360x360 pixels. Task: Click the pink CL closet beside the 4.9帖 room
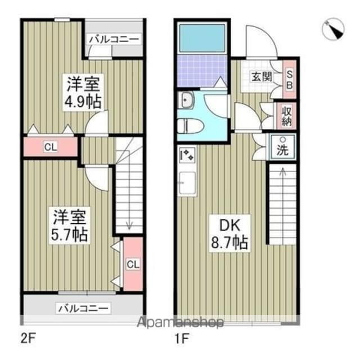pyautogui.click(x=50, y=148)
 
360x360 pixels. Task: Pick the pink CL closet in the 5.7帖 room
pyautogui.click(x=132, y=264)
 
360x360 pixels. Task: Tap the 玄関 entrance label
pyautogui.click(x=259, y=76)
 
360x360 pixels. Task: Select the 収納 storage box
pyautogui.click(x=286, y=116)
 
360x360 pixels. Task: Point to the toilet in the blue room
pyautogui.click(x=186, y=126)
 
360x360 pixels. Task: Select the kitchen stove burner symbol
pyautogui.click(x=187, y=154)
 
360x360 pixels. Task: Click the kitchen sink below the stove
pyautogui.click(x=187, y=183)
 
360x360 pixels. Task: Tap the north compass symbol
pyautogui.click(x=335, y=29)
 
